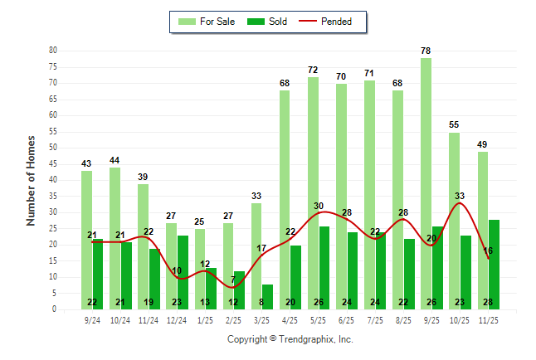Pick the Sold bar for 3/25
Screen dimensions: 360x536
tap(267, 297)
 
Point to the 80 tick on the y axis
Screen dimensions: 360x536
tap(53, 51)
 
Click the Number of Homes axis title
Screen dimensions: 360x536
tap(31, 180)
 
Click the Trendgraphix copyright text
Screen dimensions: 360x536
tap(290, 339)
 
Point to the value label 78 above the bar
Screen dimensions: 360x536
tap(425, 51)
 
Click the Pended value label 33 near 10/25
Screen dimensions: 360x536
tap(460, 196)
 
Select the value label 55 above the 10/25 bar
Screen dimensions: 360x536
tap(453, 125)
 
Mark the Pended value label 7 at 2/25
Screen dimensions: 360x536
tap(233, 280)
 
